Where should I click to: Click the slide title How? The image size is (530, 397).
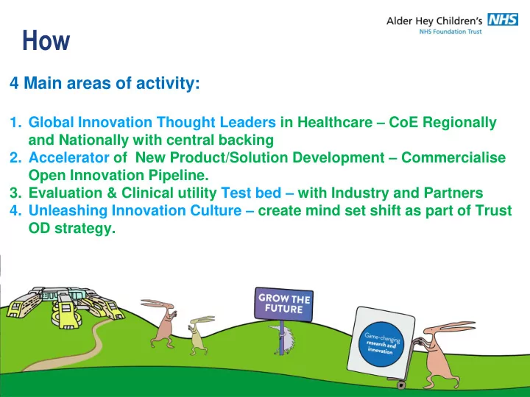[x=46, y=40]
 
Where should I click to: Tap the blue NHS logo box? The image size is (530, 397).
[x=503, y=20]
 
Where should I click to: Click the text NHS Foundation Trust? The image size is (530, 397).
[x=451, y=32]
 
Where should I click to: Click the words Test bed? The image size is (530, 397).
[x=251, y=193]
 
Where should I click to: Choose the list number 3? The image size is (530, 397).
[x=15, y=193]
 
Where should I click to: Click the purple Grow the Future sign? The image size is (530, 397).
[x=283, y=304]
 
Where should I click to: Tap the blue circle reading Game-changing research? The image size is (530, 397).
[x=381, y=344]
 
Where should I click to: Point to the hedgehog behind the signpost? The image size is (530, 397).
[x=284, y=339]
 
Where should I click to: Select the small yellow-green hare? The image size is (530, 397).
[x=199, y=335]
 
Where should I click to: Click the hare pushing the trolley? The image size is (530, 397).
[x=443, y=354]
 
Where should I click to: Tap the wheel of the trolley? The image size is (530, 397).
[x=401, y=385]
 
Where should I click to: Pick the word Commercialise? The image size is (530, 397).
[x=453, y=157]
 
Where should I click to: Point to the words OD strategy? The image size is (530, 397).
[x=72, y=229]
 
